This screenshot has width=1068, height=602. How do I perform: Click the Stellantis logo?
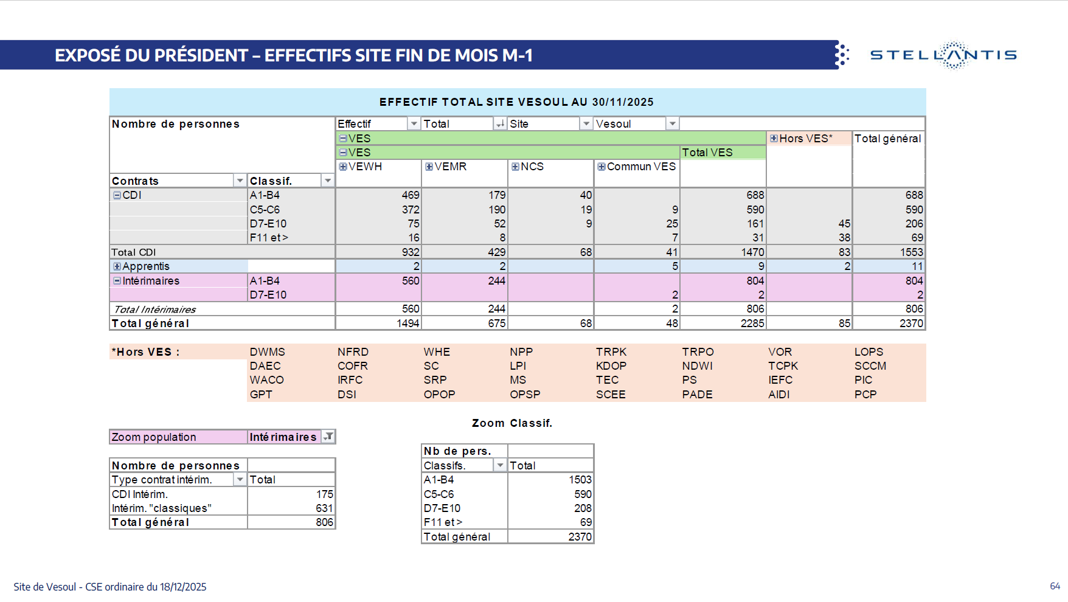943,55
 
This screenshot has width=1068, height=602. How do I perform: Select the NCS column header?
532,167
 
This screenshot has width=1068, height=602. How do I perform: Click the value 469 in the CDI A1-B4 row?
411,195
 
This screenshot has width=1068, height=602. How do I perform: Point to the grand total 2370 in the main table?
911,323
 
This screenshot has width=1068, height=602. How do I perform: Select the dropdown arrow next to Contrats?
240,181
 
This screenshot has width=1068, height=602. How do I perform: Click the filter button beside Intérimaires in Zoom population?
328,437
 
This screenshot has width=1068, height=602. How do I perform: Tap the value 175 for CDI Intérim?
324,494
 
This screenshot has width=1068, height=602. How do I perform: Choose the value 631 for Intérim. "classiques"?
324,508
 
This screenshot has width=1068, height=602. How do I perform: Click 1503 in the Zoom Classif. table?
580,480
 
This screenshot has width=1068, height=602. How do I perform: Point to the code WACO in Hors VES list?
266,380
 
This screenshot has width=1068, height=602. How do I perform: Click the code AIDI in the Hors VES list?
778,395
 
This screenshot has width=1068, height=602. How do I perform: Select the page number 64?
1055,586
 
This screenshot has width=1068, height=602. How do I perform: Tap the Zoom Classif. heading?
511,423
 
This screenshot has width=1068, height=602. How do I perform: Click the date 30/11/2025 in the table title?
623,102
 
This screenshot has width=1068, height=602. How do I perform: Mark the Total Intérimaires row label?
154,310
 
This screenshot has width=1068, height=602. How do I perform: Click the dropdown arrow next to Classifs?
500,466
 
